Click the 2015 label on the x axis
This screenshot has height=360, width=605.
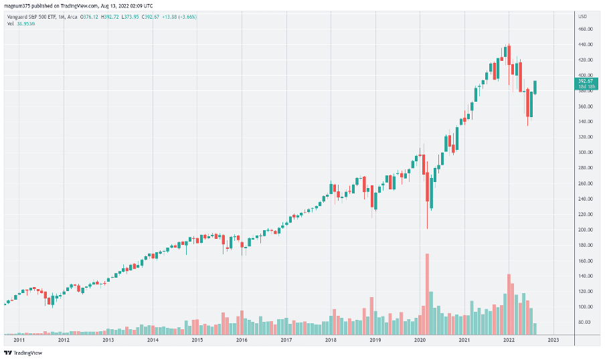197,339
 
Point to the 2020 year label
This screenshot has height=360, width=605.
420,339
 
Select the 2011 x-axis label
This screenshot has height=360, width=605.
19,339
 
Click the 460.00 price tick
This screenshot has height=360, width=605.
587,29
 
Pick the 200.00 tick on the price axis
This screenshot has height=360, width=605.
587,230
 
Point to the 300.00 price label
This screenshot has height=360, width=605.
587,153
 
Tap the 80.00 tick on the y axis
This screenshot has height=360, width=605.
587,322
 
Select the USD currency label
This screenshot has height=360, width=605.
582,16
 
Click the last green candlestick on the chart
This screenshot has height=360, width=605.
535,88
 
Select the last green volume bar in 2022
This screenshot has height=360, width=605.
535,329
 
